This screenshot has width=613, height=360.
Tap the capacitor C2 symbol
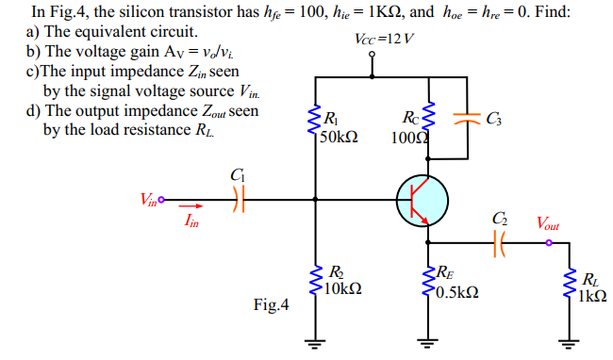498,243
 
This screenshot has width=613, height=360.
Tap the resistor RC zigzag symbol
429,121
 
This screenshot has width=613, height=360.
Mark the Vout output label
547,223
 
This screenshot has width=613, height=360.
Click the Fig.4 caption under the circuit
272,305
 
